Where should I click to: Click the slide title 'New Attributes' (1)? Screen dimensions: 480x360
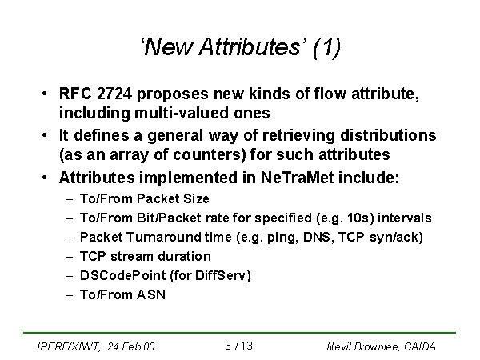(x=241, y=47)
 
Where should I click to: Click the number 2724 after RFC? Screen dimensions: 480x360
(x=114, y=94)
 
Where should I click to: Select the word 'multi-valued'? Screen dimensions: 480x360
(x=182, y=113)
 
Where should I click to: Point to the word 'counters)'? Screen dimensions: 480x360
(x=210, y=154)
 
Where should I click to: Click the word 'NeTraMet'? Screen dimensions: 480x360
(x=297, y=178)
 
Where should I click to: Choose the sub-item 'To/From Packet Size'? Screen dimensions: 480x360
(x=145, y=198)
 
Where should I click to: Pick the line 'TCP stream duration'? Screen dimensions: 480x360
(x=146, y=256)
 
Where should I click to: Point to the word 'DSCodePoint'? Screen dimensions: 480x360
(x=122, y=275)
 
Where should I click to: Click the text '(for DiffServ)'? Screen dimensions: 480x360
(x=210, y=275)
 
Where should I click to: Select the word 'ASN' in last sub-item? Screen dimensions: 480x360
(x=151, y=294)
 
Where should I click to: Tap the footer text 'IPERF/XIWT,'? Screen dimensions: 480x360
(x=68, y=346)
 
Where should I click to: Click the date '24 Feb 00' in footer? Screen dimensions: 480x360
(x=131, y=346)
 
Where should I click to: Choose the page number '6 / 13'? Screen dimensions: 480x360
(x=238, y=346)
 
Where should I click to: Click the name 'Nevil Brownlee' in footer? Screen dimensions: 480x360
(x=362, y=346)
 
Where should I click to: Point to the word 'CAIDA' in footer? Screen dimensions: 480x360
(x=420, y=346)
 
